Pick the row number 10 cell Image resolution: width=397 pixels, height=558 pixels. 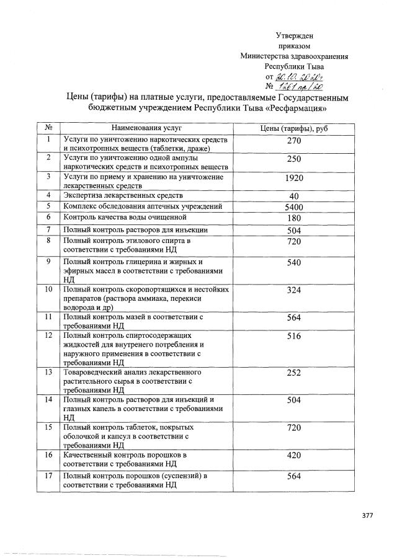[48, 290]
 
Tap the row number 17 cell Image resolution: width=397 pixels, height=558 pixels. [48, 476]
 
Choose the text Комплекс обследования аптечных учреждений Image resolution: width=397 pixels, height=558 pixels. [143, 206]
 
